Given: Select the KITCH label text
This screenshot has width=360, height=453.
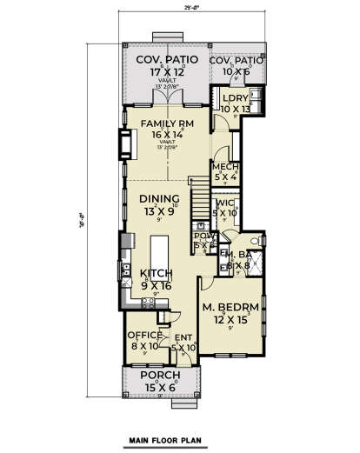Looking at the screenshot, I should [x=160, y=272].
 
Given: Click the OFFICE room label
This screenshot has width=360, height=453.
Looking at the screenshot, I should [x=142, y=335].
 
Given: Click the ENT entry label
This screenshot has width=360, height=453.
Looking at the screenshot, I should [x=183, y=337].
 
